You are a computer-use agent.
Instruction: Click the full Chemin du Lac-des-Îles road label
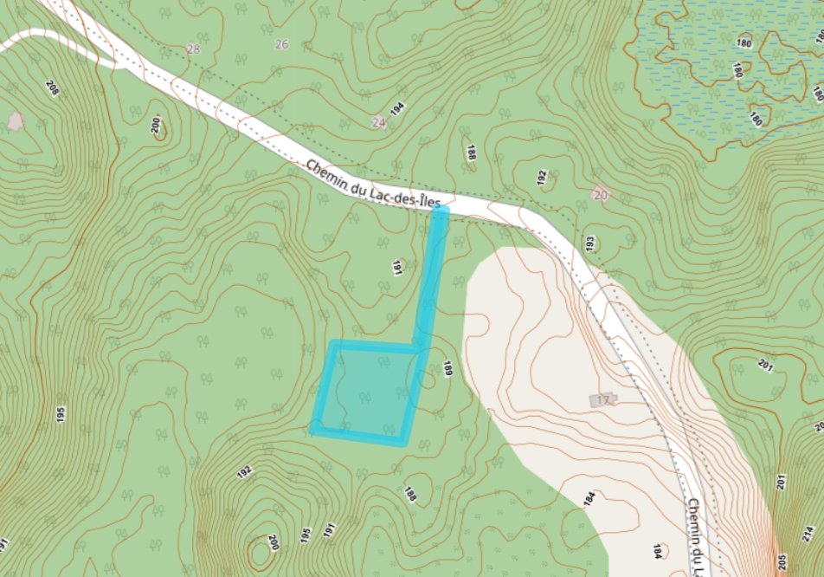(374, 184)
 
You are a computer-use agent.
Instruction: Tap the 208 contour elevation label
(52, 88)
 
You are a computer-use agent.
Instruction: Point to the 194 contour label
(397, 108)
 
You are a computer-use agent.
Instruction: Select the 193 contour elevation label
(591, 245)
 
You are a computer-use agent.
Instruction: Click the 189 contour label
(447, 368)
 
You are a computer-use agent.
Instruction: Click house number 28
(193, 49)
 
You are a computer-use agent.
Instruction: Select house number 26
(281, 44)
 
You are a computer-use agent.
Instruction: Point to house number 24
(378, 122)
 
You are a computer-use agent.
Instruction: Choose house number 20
(601, 195)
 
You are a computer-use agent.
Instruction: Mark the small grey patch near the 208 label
(16, 120)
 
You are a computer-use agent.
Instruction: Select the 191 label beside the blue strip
(397, 268)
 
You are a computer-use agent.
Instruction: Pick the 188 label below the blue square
(410, 494)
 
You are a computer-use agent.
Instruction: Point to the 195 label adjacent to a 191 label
(306, 535)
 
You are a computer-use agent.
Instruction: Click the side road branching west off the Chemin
(52, 38)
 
